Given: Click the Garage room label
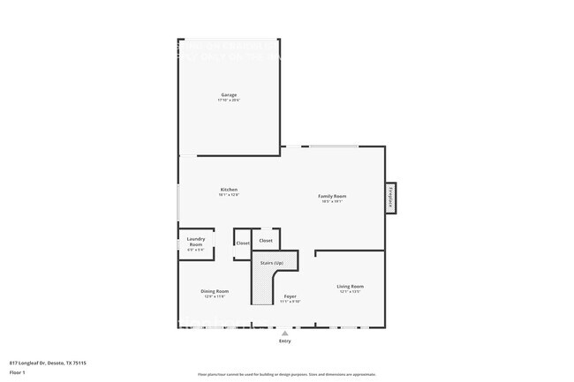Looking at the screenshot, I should tap(229, 95).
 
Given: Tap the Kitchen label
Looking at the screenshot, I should tap(229, 190).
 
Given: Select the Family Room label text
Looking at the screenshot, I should tap(332, 196).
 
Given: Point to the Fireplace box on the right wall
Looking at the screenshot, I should tap(390, 198).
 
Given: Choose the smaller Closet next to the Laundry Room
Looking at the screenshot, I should tap(242, 243).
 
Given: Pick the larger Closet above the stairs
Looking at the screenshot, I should tap(266, 240).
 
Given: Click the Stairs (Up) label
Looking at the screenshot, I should tap(271, 263).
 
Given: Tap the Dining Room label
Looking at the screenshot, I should tap(215, 291).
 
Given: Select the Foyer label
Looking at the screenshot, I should tap(290, 296).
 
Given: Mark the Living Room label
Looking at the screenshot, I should tap(350, 287).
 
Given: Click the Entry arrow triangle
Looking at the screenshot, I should tap(284, 334).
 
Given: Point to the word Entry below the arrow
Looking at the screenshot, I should tap(284, 341).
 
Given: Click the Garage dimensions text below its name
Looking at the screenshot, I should tap(229, 101).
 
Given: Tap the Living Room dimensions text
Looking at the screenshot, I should tap(350, 292).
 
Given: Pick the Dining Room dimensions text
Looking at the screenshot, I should tap(215, 296).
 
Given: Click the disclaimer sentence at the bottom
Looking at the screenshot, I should tap(286, 375).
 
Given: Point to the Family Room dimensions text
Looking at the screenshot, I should tap(332, 201).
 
